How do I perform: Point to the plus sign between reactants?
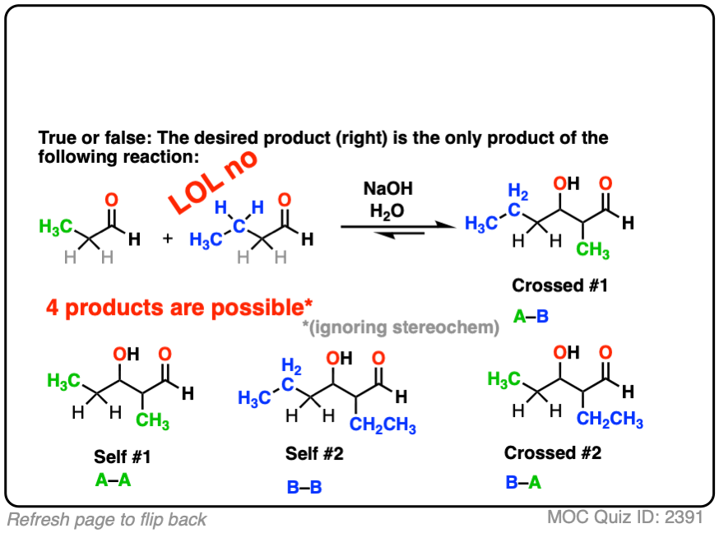point(169,240)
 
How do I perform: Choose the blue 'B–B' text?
point(304,488)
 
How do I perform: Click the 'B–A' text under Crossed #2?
point(523,481)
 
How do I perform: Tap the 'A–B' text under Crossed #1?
point(531,315)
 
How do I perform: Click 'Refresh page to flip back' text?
point(107,519)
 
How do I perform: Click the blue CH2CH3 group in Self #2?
point(383,426)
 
